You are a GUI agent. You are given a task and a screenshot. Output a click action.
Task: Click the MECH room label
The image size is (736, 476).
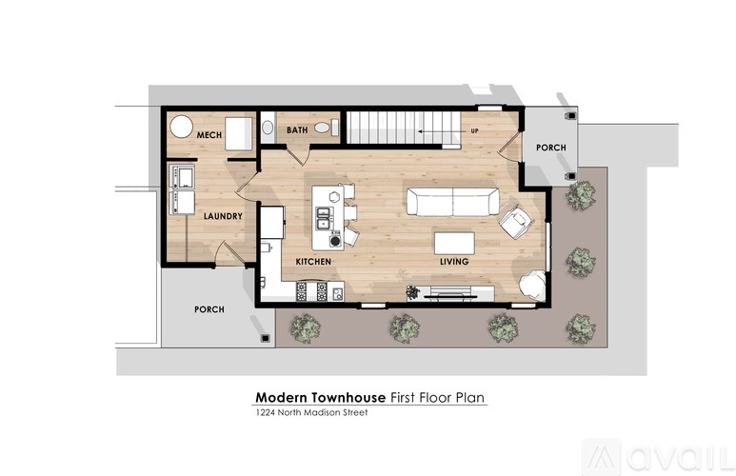[x=209, y=135]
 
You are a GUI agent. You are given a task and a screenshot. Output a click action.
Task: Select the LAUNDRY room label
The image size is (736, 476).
[x=223, y=216]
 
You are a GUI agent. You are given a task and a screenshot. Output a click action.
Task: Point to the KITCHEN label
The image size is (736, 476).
[x=313, y=261]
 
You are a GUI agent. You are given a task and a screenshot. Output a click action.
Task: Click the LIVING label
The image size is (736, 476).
[x=452, y=261]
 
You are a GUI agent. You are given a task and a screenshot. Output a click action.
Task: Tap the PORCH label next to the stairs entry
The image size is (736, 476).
[x=550, y=148]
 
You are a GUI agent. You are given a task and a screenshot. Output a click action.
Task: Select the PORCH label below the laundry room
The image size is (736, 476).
[x=209, y=309]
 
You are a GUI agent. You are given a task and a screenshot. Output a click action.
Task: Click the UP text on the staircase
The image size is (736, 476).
[x=473, y=130]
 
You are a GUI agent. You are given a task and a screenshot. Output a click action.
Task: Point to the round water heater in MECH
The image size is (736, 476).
[x=181, y=128]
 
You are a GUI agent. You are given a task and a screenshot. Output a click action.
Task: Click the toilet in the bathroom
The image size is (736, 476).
[x=268, y=128]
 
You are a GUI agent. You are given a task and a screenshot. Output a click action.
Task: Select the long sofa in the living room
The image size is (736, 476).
[x=452, y=201]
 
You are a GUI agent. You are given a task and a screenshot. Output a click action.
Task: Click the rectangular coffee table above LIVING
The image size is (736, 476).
[x=454, y=240]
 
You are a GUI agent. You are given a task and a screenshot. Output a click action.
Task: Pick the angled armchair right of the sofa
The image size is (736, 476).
[x=515, y=221]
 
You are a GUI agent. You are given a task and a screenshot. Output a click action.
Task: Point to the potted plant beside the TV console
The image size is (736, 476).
[x=412, y=291]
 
